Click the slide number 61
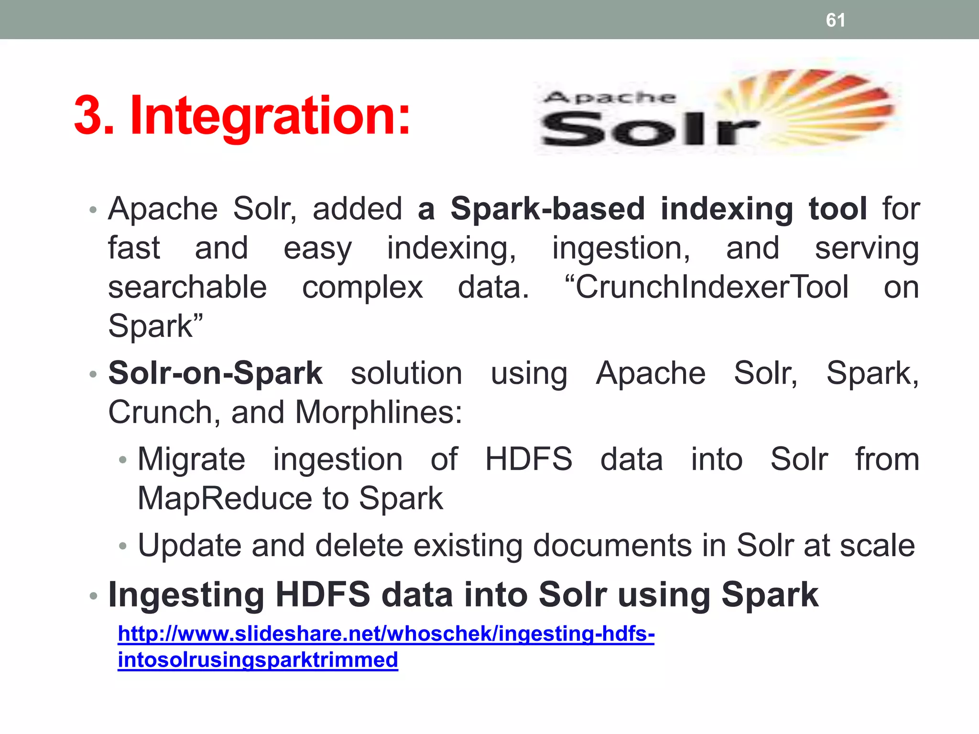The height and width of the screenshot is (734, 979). (835, 20)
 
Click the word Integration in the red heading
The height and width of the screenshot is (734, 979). (270, 116)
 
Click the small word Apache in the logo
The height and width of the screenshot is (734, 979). (610, 97)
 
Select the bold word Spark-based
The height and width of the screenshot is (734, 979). (547, 209)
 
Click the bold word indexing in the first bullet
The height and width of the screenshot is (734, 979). (727, 209)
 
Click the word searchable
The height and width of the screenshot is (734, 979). (187, 288)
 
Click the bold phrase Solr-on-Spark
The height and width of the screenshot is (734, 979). (216, 373)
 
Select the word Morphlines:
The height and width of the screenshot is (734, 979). (379, 412)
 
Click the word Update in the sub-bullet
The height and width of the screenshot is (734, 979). (189, 546)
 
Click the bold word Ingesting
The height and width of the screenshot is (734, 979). (186, 595)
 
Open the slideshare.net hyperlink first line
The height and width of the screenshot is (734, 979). (386, 634)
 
